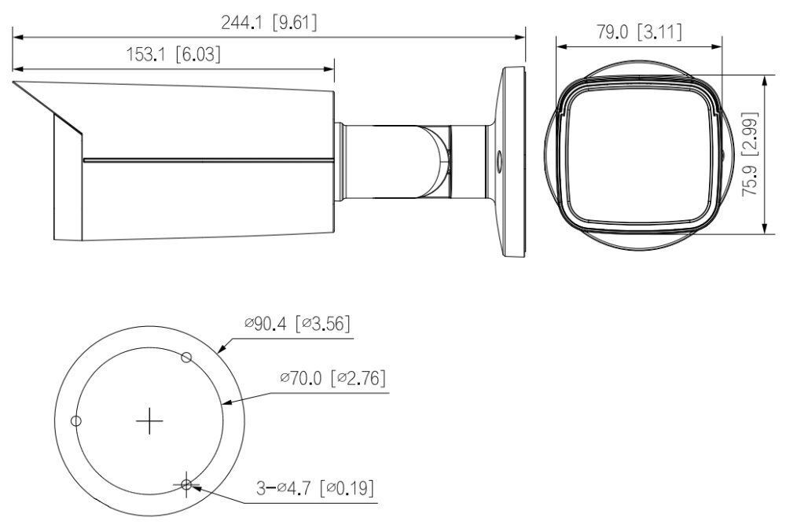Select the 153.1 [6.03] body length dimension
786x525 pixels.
click(174, 54)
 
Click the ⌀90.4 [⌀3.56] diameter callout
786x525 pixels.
click(296, 324)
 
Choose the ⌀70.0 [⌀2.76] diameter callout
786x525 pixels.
click(332, 379)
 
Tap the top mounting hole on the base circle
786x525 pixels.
click(186, 358)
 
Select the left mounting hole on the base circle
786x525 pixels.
click(75, 421)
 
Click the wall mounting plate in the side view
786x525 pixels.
click(511, 161)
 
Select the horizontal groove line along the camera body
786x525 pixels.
click(208, 162)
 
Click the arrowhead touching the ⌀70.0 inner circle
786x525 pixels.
click(228, 404)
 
